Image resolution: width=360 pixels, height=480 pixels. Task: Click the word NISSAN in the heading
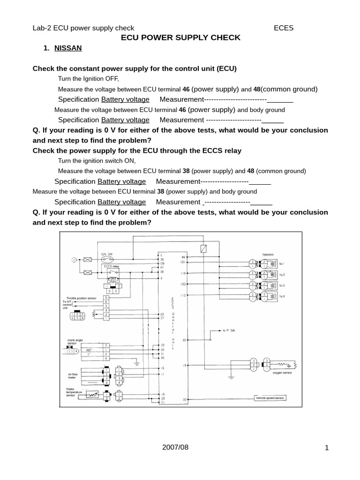coord(68,48)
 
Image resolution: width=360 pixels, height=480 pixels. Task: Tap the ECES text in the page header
coord(284,28)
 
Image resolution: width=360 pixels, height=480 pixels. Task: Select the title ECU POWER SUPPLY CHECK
coord(180,37)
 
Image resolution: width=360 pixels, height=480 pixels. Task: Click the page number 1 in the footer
coord(327,448)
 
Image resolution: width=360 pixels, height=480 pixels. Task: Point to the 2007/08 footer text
coord(174,447)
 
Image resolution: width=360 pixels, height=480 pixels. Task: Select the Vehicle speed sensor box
coord(270,398)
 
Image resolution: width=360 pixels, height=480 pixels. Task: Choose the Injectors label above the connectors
coord(268,255)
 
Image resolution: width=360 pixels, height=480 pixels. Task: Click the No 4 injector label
coord(282,297)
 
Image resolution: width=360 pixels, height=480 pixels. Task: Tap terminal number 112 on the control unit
coord(183,295)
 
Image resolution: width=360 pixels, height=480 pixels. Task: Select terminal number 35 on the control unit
coord(184,340)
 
